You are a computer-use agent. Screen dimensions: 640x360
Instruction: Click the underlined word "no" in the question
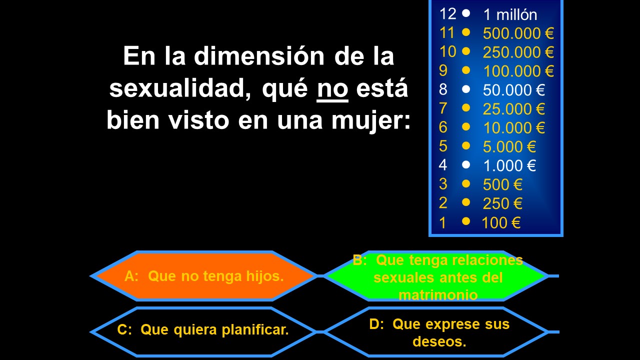point(332,89)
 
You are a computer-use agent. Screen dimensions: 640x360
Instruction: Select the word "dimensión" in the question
point(259,55)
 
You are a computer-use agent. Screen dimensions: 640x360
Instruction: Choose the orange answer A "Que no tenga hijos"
point(204,276)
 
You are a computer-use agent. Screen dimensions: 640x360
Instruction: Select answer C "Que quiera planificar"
point(203,332)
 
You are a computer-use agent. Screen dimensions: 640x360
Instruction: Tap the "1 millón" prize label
point(510,14)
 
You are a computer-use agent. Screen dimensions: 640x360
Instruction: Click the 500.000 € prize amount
point(518,33)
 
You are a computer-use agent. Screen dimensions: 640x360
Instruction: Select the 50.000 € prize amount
point(513,90)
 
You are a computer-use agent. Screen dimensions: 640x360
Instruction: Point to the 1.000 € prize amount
point(509,165)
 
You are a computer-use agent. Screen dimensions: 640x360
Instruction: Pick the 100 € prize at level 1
point(501,222)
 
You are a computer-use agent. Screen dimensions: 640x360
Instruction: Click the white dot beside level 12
point(466,13)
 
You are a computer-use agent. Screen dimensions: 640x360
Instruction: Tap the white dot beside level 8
point(466,89)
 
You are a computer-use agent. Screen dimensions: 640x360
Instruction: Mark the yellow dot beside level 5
point(466,145)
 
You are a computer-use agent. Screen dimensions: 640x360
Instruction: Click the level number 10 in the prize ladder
point(447,51)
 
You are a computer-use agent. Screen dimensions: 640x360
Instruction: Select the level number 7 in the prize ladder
point(443,108)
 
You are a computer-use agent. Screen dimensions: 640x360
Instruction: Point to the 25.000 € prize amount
point(513,109)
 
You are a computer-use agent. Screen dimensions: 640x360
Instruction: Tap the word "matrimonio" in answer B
point(438,295)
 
